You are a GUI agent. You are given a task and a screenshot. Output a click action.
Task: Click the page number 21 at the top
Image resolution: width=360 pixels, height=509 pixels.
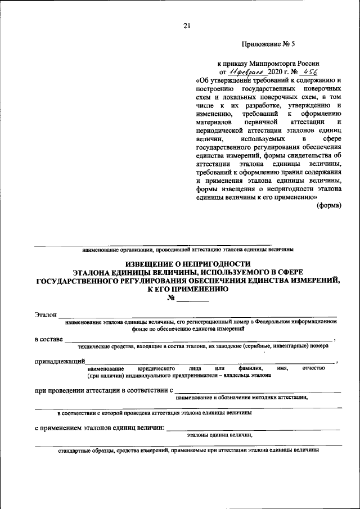(x=187, y=26)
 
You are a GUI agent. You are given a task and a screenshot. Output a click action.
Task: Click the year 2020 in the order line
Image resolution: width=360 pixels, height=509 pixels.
(x=277, y=72)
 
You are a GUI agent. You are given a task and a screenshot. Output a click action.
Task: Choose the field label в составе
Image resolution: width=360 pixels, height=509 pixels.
(x=49, y=339)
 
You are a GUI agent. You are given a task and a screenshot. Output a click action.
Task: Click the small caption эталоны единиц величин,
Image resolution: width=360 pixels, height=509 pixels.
(x=220, y=435)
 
